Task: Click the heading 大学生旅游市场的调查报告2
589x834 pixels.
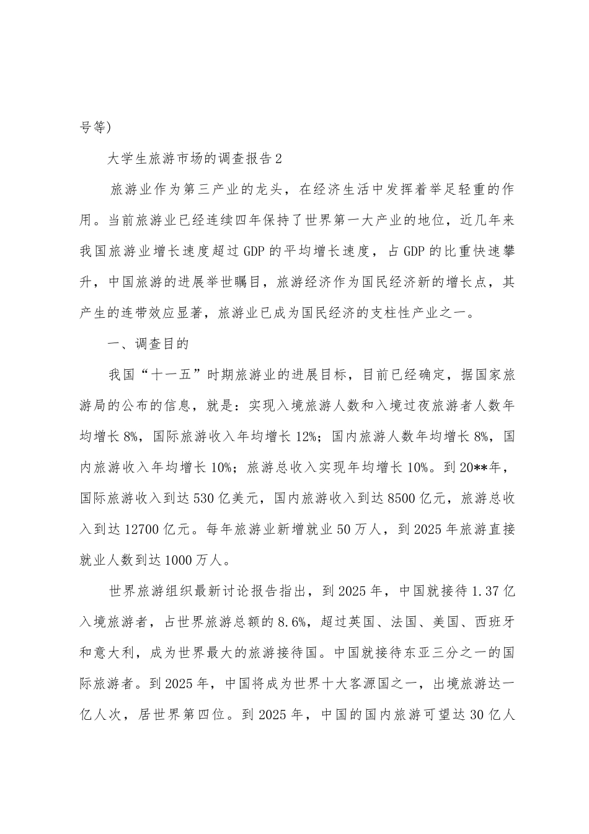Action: pyautogui.click(x=195, y=158)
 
